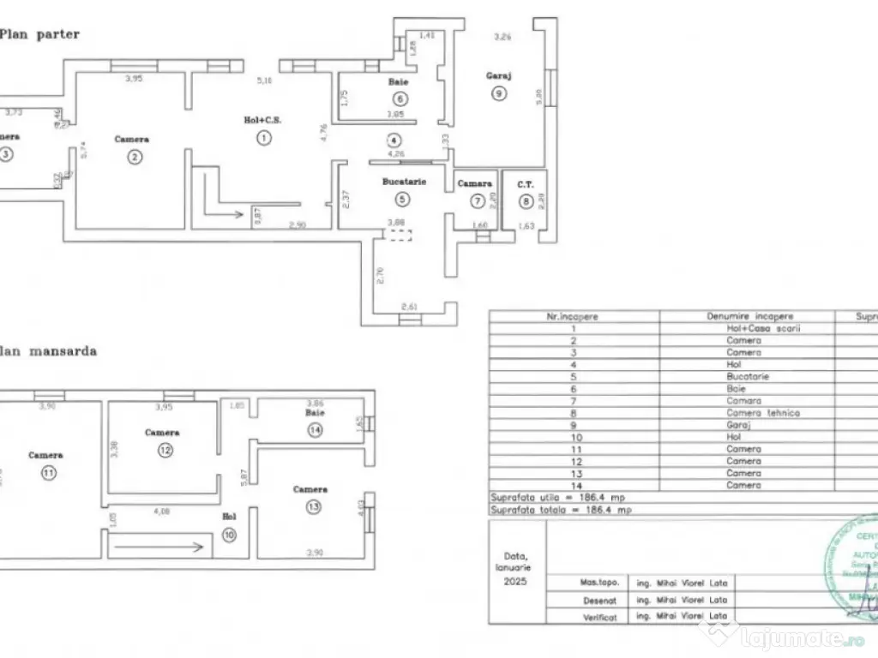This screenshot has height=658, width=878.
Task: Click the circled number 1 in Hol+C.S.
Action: pos(265,137)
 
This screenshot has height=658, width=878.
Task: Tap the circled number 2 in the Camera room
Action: pos(134,156)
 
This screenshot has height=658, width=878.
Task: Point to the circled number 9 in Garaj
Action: pos(499,94)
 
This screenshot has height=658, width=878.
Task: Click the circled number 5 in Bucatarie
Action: pos(402,199)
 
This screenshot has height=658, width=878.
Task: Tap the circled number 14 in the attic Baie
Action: pos(316,431)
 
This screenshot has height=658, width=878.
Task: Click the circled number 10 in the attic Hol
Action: pos(229,535)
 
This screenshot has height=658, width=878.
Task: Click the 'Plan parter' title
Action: pos(40,34)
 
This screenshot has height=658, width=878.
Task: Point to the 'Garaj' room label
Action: pos(498,75)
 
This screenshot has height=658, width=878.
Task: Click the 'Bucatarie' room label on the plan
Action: pos(404,182)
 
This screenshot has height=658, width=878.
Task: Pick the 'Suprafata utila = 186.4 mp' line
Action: pos(561,497)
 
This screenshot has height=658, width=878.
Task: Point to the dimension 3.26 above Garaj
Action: pos(503,37)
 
